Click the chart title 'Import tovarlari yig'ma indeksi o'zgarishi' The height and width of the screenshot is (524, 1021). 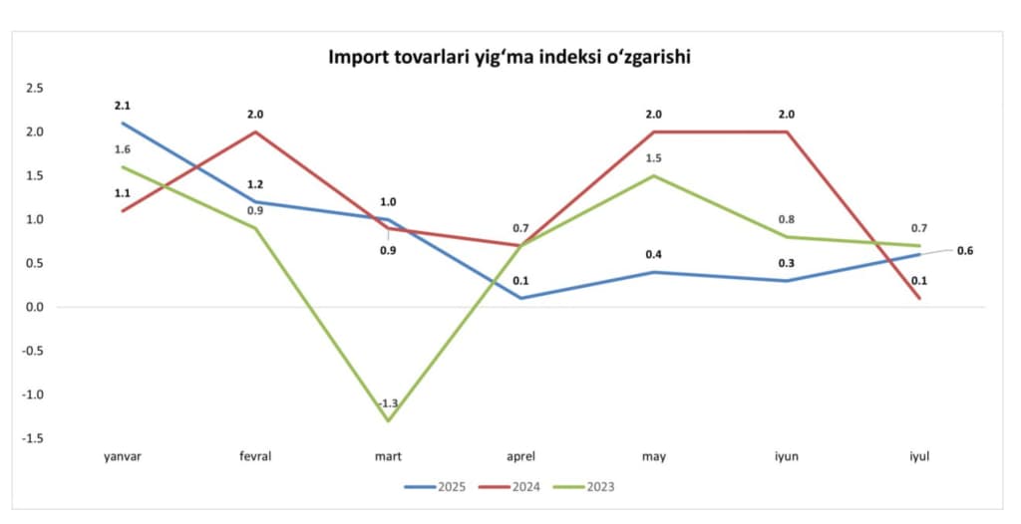pos(510,58)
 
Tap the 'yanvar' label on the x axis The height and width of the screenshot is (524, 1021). pos(123,456)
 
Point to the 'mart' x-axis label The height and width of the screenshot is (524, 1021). pos(388,456)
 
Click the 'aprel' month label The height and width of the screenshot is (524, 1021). pos(521,456)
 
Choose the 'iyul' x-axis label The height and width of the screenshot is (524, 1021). pos(918,456)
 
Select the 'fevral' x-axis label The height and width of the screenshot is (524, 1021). pos(255,456)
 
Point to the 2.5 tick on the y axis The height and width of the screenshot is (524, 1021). pos(36,88)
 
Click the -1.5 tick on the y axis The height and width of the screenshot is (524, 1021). pos(34,438)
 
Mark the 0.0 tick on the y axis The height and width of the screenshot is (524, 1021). pos(36,307)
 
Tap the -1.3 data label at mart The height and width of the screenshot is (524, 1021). pos(388,403)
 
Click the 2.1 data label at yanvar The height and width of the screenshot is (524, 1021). pos(123,106)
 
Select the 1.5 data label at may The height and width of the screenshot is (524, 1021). pos(653,158)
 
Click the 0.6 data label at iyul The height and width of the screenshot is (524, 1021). pos(964,250)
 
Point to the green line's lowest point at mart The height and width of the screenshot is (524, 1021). pos(388,420)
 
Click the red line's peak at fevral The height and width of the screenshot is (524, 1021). pos(255,131)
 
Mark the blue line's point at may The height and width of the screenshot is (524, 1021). pos(653,272)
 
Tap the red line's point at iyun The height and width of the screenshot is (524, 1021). pos(786,131)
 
